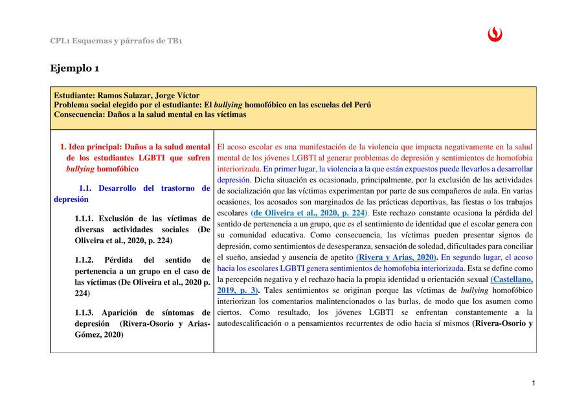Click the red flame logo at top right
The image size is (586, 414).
[495, 35]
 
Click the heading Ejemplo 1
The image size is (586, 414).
[74, 68]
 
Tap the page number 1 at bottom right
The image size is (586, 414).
[533, 384]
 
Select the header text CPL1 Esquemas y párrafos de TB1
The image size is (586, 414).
[116, 41]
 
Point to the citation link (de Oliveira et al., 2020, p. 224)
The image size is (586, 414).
[309, 212]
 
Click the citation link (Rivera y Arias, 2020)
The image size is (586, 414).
[396, 257]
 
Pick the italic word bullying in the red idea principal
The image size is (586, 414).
[80, 168]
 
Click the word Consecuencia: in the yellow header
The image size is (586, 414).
[80, 114]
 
